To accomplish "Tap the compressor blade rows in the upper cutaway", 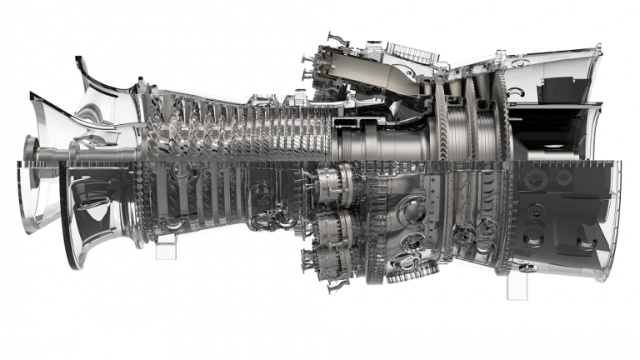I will tap(233, 125).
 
